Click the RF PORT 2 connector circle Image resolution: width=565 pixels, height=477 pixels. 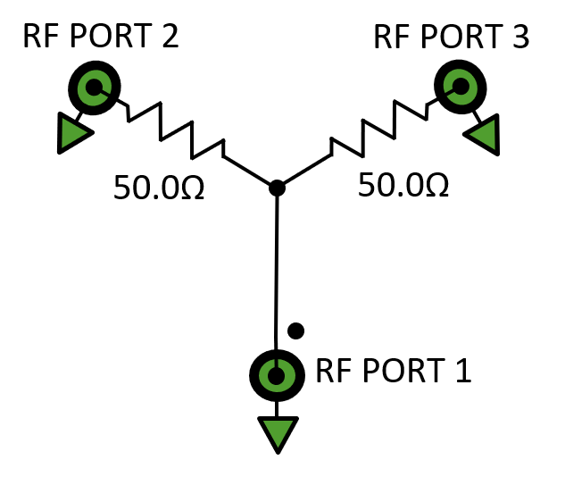[x=91, y=88]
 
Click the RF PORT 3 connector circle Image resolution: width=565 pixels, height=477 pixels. [x=461, y=86]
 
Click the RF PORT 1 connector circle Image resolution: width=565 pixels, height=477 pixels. [x=277, y=375]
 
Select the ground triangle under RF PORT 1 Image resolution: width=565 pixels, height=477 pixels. [x=278, y=434]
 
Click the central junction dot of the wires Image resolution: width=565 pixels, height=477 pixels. [x=277, y=188]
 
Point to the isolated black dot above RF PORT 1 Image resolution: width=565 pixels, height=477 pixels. [x=296, y=331]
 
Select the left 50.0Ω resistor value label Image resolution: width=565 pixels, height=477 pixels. [x=159, y=188]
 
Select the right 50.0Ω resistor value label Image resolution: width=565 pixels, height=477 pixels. [x=403, y=185]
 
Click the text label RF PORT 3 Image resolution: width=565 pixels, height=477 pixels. [x=451, y=37]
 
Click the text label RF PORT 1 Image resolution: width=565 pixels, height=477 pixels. [x=393, y=371]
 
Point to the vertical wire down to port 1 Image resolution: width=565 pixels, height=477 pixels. [x=277, y=268]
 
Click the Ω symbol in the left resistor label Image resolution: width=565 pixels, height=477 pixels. [x=191, y=188]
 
